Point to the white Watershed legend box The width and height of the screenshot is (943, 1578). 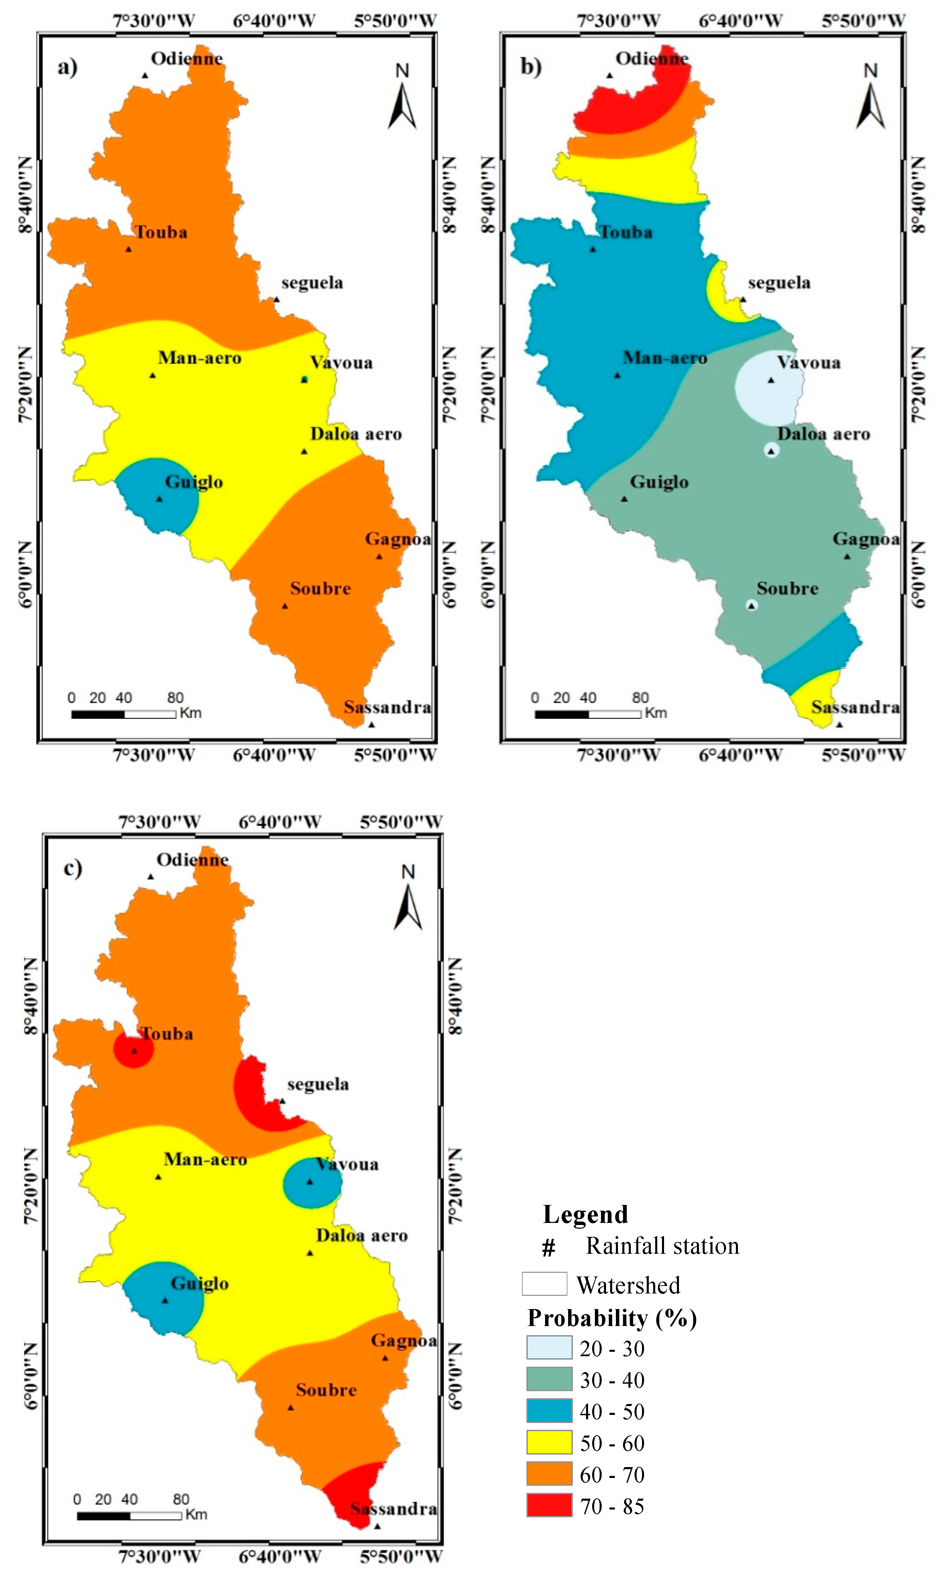coord(544,1284)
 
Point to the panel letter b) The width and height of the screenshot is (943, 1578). coord(530,66)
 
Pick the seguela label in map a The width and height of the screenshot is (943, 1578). coord(312,283)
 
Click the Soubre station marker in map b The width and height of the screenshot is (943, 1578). coord(751,605)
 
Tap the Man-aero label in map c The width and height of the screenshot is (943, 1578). coord(205,1160)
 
